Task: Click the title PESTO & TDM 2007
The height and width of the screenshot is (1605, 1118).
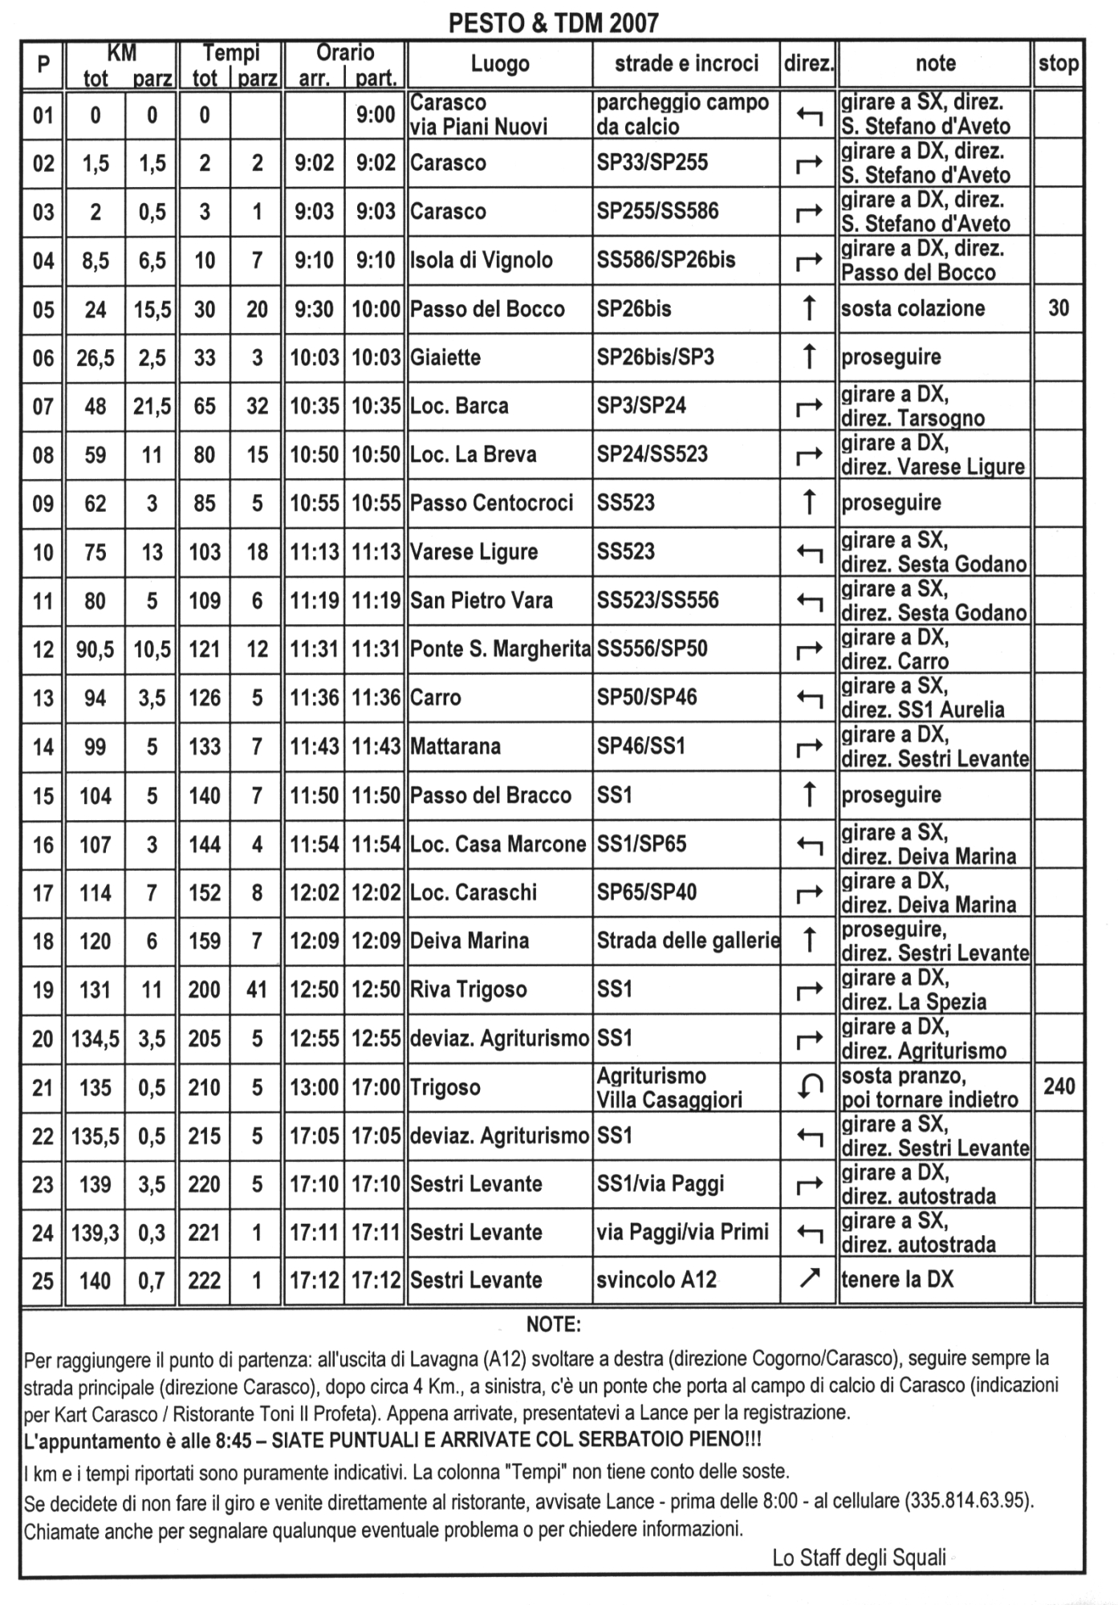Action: point(553,22)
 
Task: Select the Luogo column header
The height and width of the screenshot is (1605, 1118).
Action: point(499,64)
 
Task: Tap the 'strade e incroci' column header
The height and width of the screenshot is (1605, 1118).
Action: point(686,63)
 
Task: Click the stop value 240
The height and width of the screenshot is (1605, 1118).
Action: point(1059,1087)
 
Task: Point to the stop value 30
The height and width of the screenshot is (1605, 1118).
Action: point(1059,308)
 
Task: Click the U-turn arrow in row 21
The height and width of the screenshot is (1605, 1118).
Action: point(809,1087)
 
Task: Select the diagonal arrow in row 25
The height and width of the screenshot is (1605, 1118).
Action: point(809,1278)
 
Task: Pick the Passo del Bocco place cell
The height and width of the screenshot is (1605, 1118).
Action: point(487,309)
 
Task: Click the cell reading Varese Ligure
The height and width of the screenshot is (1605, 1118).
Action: point(474,552)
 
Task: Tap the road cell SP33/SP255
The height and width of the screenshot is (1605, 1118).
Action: point(652,163)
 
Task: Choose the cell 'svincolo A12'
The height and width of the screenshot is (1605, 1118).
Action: point(656,1279)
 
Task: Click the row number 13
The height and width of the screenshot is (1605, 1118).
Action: point(43,698)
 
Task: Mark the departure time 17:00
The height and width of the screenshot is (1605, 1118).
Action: point(376,1087)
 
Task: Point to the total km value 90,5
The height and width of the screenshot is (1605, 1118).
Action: point(95,649)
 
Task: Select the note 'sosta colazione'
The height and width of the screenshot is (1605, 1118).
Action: point(913,309)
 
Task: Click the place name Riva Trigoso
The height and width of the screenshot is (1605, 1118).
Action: point(468,989)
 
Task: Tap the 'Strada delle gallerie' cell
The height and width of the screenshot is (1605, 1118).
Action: point(688,941)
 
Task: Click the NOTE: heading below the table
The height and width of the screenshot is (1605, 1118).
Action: point(553,1324)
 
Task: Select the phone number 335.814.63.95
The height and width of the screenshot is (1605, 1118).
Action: point(968,1500)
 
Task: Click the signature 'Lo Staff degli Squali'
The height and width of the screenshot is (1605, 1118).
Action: point(859,1558)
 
